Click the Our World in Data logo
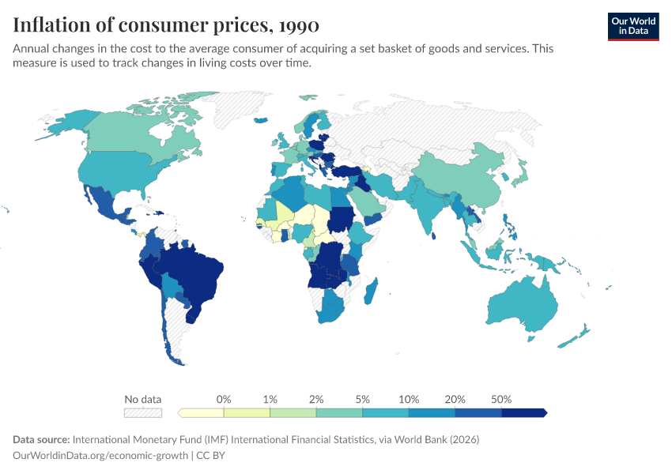coord(632,25)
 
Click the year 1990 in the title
coord(298,25)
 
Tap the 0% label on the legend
coord(224,399)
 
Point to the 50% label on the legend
coord(501,399)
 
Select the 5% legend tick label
coord(362,399)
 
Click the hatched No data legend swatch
coord(142,412)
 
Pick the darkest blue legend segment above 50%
coord(523,412)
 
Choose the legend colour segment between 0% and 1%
coord(247,412)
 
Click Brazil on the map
coord(194,276)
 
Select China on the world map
coord(462,178)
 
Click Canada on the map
coord(134,134)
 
